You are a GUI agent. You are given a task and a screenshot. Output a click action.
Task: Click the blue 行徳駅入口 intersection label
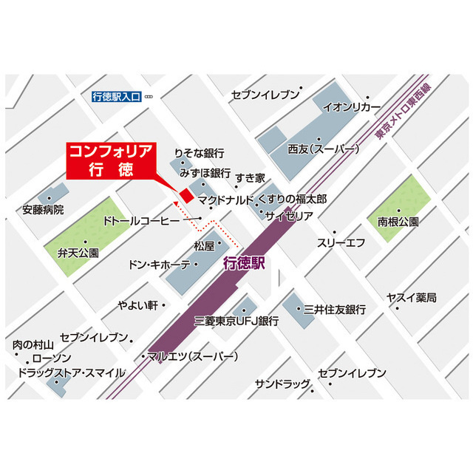tap(116, 96)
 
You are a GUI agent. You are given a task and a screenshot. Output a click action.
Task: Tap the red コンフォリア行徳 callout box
tap(111, 159)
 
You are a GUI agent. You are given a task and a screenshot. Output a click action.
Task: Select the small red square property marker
tap(186, 195)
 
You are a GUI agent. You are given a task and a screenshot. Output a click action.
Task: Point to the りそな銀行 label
tap(199, 154)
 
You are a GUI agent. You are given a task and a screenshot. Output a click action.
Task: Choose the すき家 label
tap(250, 178)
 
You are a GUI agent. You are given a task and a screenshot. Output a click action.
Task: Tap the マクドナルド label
tap(225, 200)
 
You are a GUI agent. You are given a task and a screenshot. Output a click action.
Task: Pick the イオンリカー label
tap(357, 106)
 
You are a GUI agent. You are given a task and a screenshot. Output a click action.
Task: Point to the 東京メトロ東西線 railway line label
tap(402, 111)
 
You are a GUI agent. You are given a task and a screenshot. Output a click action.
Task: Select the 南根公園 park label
tap(398, 221)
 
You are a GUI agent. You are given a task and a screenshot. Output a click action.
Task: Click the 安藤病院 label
tap(43, 210)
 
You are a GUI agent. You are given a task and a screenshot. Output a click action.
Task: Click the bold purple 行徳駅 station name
tap(243, 263)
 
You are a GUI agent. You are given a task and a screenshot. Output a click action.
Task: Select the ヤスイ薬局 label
tap(411, 297)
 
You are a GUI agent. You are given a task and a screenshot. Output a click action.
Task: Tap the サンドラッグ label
tap(282, 385)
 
